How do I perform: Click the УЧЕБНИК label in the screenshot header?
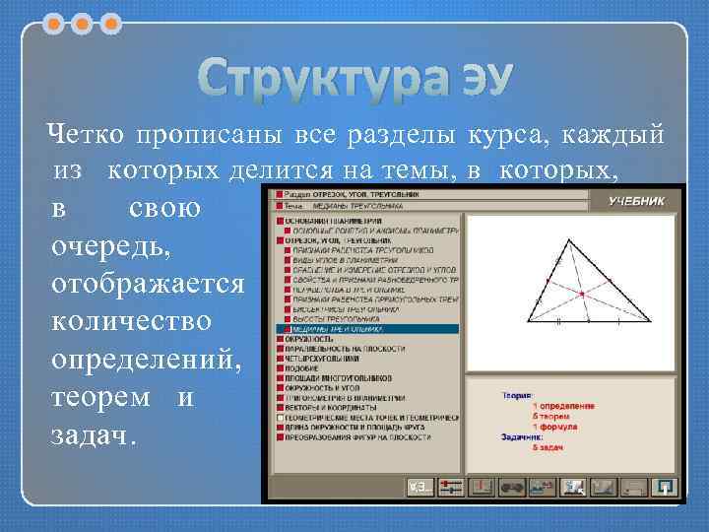pos(636,201)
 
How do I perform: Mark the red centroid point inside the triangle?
pos(582,295)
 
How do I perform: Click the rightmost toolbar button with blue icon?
pos(666,487)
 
